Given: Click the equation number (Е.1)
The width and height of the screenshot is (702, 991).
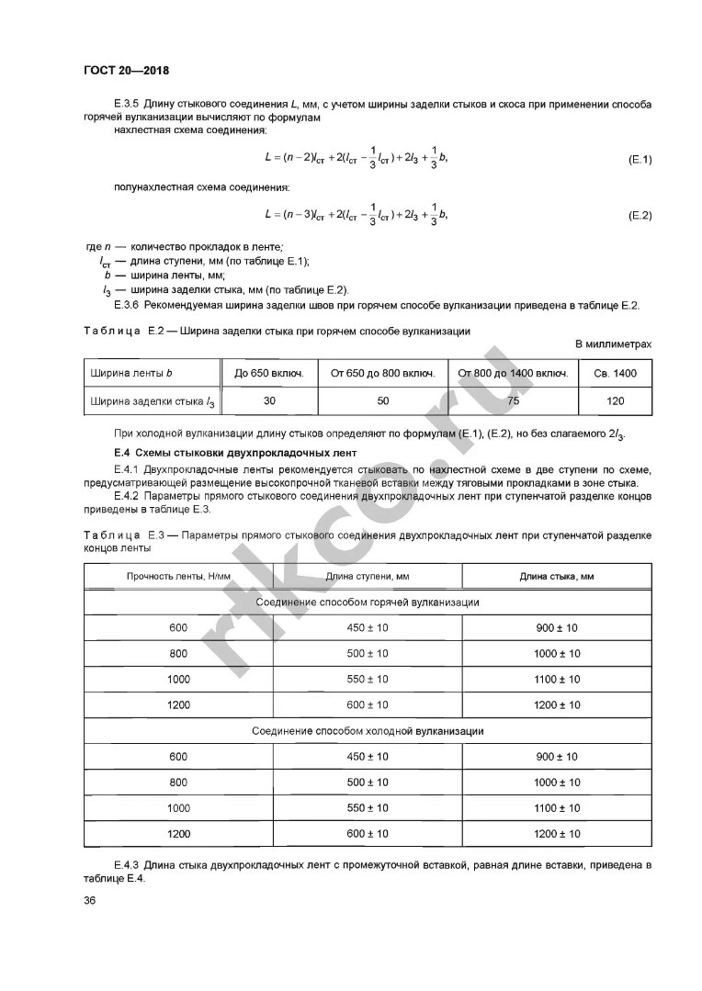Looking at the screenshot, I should click(x=640, y=159).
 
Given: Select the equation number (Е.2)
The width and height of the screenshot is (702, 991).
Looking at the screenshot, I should click(x=640, y=215).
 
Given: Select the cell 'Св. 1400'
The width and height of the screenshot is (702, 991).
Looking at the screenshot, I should click(x=615, y=374).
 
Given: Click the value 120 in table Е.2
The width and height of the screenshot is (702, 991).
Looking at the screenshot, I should click(x=615, y=400).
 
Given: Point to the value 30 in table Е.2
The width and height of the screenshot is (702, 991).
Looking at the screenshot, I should click(x=269, y=400).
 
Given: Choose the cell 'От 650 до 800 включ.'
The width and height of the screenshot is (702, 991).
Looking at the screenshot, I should click(x=382, y=374).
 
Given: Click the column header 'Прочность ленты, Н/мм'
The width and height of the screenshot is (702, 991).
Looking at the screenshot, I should click(x=178, y=576).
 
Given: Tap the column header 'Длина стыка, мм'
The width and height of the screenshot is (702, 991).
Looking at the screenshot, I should click(x=557, y=576).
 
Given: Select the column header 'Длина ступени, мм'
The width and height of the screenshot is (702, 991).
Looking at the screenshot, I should click(x=368, y=576).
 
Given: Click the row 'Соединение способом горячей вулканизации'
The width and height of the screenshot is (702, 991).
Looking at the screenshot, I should click(x=368, y=602).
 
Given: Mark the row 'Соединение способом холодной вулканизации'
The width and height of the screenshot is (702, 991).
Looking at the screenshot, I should click(x=368, y=731).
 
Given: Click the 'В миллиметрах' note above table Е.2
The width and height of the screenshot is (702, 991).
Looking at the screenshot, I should click(x=613, y=343).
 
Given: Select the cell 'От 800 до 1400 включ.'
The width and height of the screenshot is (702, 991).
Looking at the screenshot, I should click(x=513, y=374).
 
